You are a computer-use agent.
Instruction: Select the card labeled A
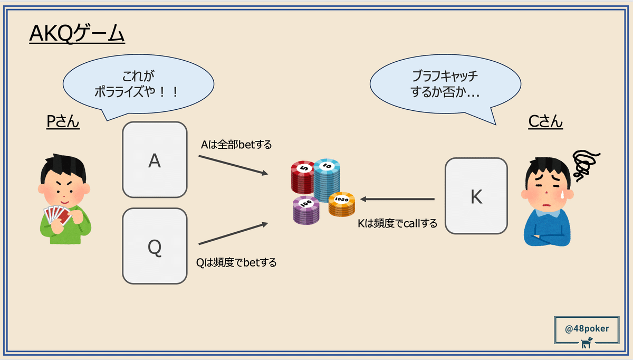tap(155, 160)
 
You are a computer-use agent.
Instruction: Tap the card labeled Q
tap(155, 246)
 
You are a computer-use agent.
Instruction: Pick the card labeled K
tap(476, 196)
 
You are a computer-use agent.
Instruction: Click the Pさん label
tap(63, 122)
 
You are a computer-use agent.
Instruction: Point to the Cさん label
tap(545, 122)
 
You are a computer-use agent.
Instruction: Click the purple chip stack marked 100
tap(305, 210)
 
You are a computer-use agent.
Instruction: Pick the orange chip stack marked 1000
tap(341, 204)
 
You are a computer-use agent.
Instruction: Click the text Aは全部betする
tap(236, 144)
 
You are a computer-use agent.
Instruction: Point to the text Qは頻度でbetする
tap(236, 262)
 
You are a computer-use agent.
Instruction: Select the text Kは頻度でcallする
tap(397, 223)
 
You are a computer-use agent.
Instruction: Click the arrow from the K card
tap(398, 200)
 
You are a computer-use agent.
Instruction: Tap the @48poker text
tap(587, 328)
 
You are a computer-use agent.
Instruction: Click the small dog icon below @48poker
tap(587, 344)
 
